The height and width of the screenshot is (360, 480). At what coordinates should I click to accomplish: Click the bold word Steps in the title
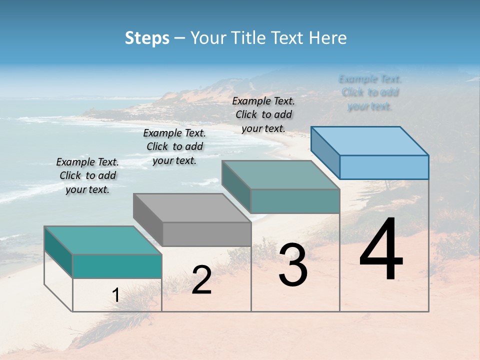tap(147, 38)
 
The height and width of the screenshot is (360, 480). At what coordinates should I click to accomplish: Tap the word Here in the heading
tap(328, 38)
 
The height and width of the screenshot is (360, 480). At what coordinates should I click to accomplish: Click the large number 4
tap(381, 249)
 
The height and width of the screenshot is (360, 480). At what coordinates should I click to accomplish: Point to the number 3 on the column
tap(292, 265)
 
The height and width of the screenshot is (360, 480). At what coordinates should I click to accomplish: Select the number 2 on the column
tap(201, 280)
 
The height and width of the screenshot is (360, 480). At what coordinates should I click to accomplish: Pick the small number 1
tap(115, 295)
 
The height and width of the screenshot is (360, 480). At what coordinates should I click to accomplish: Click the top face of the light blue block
tap(370, 140)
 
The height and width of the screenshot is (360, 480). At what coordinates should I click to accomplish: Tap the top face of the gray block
tap(192, 207)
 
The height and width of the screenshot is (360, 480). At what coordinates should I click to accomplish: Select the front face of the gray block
tap(206, 234)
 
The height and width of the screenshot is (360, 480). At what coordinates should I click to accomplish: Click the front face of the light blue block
tap(384, 167)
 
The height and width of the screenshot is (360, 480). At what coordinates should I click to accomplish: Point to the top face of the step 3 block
tap(280, 174)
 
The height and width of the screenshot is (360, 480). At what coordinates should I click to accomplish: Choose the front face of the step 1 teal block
tap(117, 266)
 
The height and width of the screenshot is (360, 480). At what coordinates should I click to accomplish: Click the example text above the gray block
tap(174, 146)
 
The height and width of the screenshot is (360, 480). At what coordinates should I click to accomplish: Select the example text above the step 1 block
tap(87, 175)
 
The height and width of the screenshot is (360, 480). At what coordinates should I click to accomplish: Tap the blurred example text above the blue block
tap(370, 92)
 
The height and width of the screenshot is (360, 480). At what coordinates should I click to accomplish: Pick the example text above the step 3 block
tap(263, 114)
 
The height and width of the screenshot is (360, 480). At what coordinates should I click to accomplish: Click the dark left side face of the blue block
tap(325, 152)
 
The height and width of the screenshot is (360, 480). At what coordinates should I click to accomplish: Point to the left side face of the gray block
tap(148, 219)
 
